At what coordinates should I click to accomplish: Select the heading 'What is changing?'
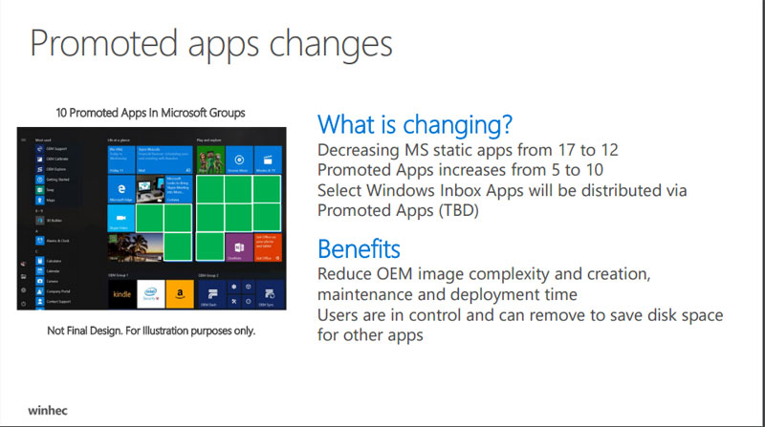click(414, 124)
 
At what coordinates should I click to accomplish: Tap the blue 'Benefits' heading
click(359, 249)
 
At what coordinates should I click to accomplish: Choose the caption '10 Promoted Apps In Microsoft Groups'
click(149, 113)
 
